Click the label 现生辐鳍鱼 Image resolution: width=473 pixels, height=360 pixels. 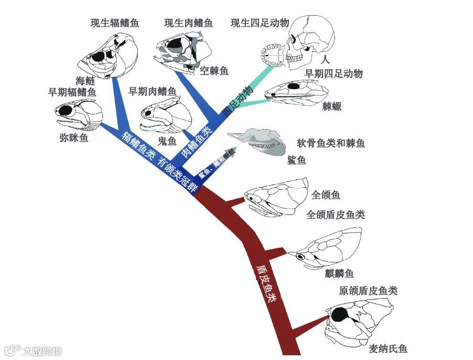point(114,23)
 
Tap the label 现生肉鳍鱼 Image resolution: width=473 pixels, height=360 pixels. point(188,23)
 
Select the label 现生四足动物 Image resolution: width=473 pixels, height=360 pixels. point(260,23)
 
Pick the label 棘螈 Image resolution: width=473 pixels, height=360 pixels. point(331,107)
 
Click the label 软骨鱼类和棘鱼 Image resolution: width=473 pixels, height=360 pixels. point(331,143)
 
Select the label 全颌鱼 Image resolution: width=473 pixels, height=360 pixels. point(326,195)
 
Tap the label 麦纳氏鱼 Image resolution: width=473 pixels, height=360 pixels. point(388,349)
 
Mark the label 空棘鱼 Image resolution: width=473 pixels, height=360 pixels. point(214,70)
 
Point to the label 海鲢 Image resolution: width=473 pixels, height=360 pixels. point(85,80)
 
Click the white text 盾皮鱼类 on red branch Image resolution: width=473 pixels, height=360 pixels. point(265,283)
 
